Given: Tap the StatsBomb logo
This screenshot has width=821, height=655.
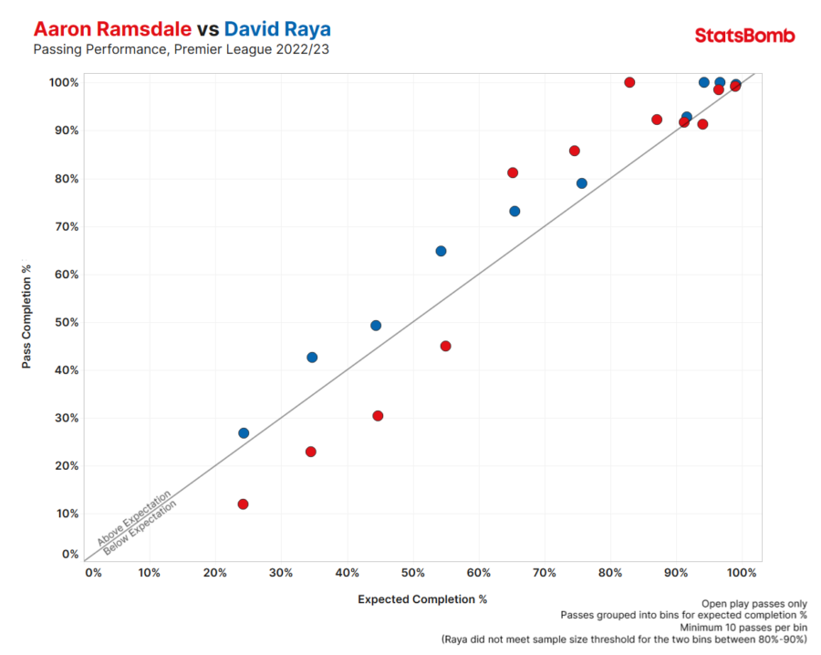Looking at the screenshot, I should tap(744, 36).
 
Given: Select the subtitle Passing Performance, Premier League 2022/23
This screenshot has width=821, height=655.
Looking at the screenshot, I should tap(181, 49).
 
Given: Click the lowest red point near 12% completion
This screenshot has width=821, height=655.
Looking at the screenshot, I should tap(243, 504).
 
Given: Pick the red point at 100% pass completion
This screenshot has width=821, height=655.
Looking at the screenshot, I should tap(629, 82).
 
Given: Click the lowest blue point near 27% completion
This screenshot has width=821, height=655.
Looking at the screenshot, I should tap(244, 433).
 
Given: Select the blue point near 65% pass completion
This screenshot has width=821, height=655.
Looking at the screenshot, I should tap(441, 251).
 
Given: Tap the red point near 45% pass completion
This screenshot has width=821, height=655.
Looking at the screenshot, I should tap(445, 346).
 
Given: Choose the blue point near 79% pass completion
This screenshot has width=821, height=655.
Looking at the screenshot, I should tap(582, 183).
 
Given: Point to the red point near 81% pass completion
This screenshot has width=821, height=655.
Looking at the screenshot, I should tap(513, 172).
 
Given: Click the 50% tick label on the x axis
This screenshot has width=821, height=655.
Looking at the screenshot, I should tap(413, 573).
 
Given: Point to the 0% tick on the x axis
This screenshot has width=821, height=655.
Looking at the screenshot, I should tap(93, 573).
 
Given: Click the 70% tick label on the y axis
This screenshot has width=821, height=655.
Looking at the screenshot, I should tap(67, 226).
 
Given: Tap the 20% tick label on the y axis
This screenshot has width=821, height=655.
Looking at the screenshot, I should tap(67, 466).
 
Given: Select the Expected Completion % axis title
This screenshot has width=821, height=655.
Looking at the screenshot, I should tap(422, 599).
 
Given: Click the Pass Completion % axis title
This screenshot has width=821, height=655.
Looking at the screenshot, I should tap(27, 317).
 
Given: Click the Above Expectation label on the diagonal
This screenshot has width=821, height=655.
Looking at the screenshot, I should tap(134, 518).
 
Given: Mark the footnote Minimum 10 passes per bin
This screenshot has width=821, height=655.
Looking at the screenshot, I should tap(743, 628).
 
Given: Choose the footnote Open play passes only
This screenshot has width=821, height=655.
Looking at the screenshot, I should tap(754, 603).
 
